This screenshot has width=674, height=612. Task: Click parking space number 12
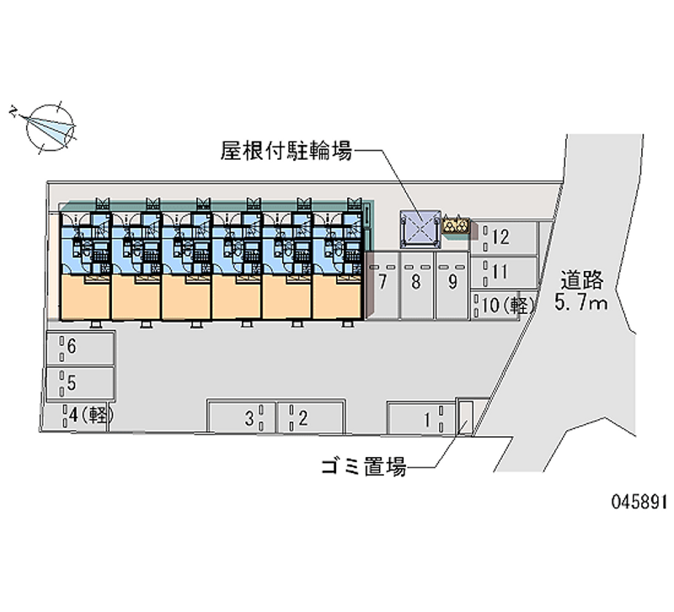click(x=504, y=237)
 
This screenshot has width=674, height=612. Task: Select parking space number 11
click(x=504, y=272)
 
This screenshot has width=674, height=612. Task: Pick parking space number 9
click(x=452, y=285)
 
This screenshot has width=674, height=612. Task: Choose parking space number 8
click(x=417, y=285)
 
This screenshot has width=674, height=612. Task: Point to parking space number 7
click(x=382, y=285)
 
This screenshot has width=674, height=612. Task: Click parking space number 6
click(x=80, y=348)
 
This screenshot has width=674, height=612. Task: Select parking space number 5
click(x=80, y=383)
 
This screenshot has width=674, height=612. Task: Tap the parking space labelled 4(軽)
click(x=77, y=416)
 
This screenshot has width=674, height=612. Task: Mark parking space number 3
click(x=242, y=417)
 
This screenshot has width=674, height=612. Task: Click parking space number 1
click(x=420, y=419)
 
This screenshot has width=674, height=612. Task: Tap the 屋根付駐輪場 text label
click(x=286, y=151)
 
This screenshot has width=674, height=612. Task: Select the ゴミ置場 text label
click(x=364, y=466)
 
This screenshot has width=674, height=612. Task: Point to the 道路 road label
click(x=581, y=280)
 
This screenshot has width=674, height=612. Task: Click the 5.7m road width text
click(x=581, y=302)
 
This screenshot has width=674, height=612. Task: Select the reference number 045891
click(x=639, y=501)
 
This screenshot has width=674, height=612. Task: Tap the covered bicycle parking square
click(x=420, y=229)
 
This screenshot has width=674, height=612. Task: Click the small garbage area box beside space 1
click(x=465, y=418)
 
